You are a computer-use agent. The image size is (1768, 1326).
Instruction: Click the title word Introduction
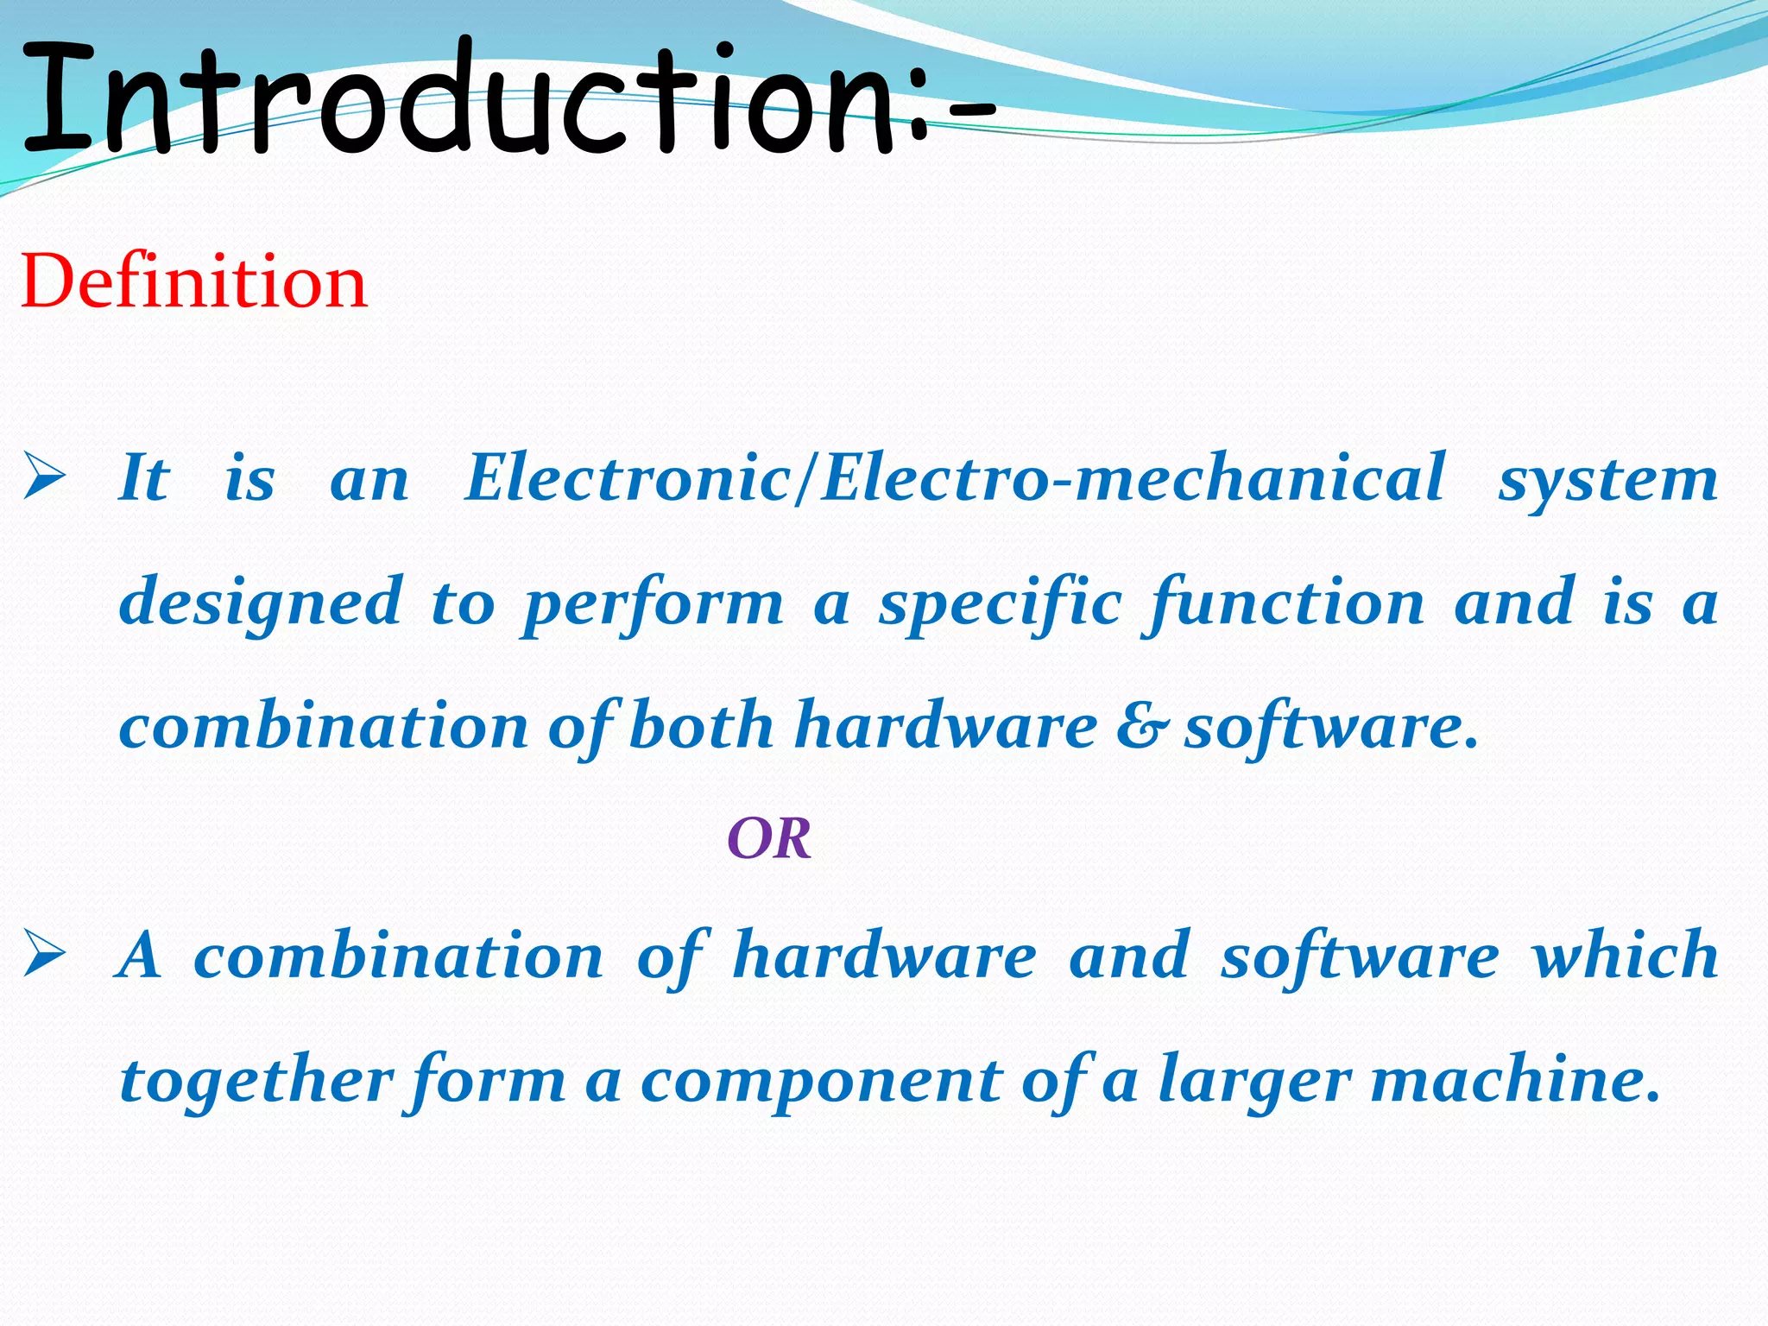pos(458,99)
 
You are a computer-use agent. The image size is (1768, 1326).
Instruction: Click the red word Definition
pos(194,281)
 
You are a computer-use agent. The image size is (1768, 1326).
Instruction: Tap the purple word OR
pos(769,838)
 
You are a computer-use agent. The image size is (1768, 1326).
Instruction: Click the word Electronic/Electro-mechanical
pos(955,477)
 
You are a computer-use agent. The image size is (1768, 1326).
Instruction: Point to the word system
pos(1607,479)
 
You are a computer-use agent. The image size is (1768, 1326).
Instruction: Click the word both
pos(701,726)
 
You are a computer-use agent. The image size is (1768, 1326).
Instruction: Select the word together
pos(257,1081)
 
